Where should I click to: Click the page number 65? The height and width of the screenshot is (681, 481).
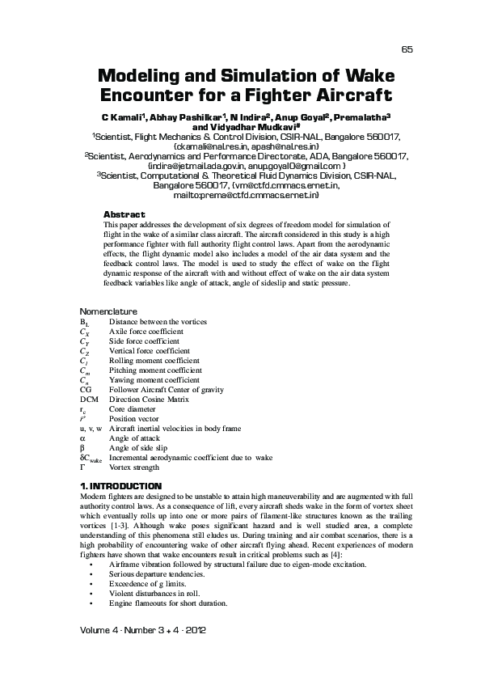(407, 49)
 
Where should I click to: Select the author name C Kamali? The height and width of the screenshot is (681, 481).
(121, 116)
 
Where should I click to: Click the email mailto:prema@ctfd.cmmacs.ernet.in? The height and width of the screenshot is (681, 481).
(246, 195)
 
